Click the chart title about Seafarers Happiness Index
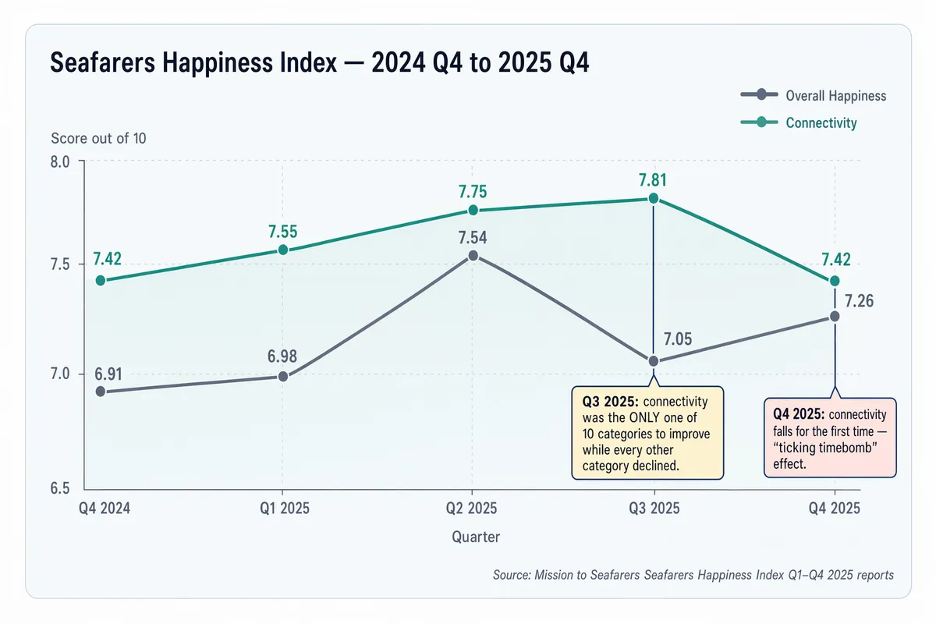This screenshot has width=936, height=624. (319, 62)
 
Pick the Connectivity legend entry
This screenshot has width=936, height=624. (799, 123)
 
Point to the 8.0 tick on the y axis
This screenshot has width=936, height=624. (61, 162)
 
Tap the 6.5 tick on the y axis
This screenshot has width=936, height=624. (61, 488)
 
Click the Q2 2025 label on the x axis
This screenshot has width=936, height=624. (472, 509)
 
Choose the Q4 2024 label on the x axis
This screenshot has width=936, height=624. (105, 509)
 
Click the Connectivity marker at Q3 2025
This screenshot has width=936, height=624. (654, 198)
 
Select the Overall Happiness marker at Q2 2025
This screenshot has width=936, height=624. (473, 255)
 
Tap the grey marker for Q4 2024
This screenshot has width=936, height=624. (101, 392)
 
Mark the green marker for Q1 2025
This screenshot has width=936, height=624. (283, 250)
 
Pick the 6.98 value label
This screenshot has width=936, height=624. (283, 357)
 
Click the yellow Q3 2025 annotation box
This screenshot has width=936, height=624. (647, 432)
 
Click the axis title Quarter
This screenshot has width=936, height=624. (476, 537)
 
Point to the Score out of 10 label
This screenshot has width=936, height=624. (98, 139)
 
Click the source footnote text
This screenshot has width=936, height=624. (693, 575)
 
